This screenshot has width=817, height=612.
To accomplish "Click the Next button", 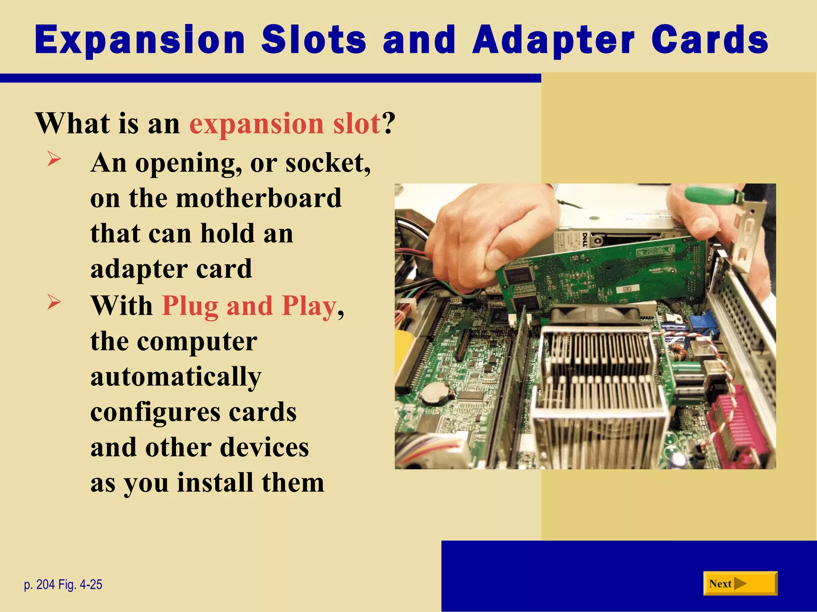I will [x=740, y=584].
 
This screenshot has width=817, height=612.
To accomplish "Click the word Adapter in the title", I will [x=553, y=40].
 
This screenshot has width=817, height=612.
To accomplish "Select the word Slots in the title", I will [x=314, y=40].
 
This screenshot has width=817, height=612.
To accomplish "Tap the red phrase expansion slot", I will [x=285, y=124].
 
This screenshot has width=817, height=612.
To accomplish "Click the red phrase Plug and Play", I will [x=249, y=306].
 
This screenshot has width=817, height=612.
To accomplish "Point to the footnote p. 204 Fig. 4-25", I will [x=63, y=585].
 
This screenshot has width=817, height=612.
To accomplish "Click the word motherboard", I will [x=259, y=198].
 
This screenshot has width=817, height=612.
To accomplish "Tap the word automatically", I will [x=176, y=377].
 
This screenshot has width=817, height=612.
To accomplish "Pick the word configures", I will [x=155, y=412].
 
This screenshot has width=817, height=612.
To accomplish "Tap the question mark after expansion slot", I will [x=389, y=124].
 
